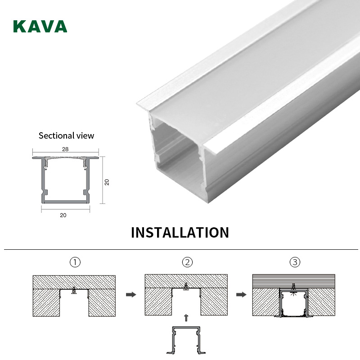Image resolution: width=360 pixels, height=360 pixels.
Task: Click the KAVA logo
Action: pyautogui.click(x=40, y=26)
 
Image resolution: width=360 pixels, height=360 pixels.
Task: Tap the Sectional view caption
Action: pyautogui.click(x=66, y=135)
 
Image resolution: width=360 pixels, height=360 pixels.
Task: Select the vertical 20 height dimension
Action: pyautogui.click(x=107, y=182)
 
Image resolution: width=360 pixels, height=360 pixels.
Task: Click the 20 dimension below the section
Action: pyautogui.click(x=63, y=215)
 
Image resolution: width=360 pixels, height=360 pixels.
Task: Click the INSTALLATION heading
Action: pyautogui.click(x=180, y=233)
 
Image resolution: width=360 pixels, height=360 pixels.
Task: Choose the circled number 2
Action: pyautogui.click(x=186, y=262)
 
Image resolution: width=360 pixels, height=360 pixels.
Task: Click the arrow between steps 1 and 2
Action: pyautogui.click(x=130, y=295)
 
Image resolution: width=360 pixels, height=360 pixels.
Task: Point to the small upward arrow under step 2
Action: pyautogui.click(x=185, y=318)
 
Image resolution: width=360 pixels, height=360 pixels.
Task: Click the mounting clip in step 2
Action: pyautogui.click(x=186, y=285)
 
